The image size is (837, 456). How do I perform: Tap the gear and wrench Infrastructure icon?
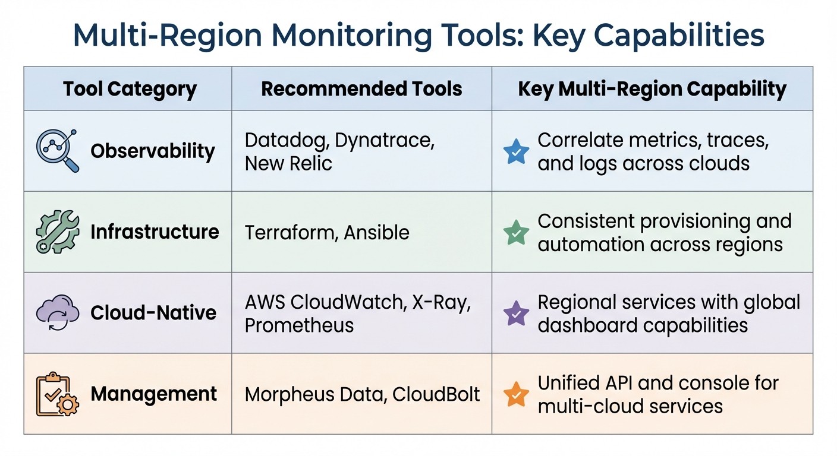click(x=58, y=232)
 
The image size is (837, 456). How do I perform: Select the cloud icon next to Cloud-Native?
click(x=58, y=313)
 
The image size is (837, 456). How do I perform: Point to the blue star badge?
click(x=515, y=151)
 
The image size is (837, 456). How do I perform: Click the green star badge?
click(x=515, y=232)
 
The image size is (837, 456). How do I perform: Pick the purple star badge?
click(x=515, y=313)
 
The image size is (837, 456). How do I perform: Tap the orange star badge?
click(x=515, y=394)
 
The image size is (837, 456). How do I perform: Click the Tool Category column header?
click(x=130, y=89)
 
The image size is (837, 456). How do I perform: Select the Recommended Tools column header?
click(x=361, y=89)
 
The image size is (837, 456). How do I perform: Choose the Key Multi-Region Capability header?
click(x=652, y=89)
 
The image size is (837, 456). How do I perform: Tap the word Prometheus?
click(x=299, y=325)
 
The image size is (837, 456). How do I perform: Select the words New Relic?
click(x=288, y=163)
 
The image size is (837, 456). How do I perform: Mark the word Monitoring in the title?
click(x=348, y=35)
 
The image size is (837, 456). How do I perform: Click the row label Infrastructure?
click(x=155, y=232)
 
